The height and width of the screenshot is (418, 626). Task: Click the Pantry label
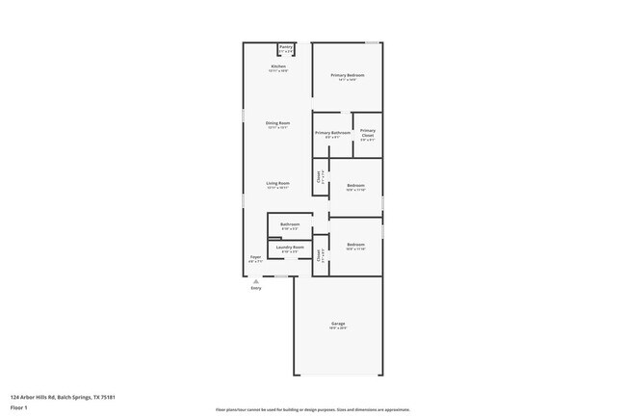285,47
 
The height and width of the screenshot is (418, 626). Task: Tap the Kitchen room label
277,66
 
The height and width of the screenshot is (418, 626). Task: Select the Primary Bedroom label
348,75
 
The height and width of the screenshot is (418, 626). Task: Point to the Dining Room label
277,123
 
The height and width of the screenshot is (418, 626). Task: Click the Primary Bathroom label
332,132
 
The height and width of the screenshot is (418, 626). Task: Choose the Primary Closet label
368,133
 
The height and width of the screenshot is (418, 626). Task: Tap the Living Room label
277,183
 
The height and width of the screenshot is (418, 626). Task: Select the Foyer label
256,257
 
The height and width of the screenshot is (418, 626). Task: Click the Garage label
338,324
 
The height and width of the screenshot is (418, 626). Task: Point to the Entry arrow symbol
255,281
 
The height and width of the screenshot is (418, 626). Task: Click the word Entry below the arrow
255,288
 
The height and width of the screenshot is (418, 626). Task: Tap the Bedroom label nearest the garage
355,245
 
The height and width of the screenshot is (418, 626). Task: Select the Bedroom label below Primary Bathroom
355,185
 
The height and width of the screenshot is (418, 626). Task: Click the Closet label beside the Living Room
319,176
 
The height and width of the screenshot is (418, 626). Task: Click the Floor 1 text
20,406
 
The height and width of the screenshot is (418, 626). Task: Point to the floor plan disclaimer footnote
312,408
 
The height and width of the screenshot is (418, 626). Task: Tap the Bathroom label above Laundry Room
290,224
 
